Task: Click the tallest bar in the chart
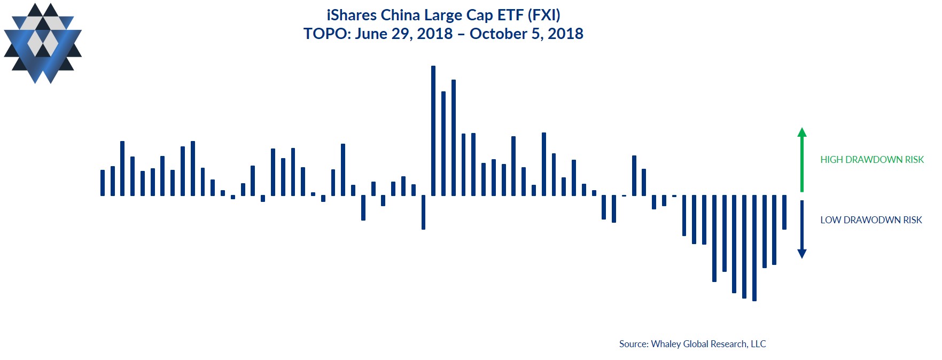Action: (433, 130)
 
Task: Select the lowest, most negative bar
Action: (754, 248)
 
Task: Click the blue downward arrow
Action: (801, 229)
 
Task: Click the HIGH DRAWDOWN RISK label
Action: (871, 160)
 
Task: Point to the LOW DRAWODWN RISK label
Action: (871, 220)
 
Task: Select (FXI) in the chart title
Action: (544, 15)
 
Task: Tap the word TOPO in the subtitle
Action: (325, 34)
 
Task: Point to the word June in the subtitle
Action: (371, 34)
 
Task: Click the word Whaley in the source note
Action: (666, 344)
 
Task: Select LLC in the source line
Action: (758, 344)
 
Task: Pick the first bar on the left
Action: (103, 183)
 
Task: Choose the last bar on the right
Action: (784, 212)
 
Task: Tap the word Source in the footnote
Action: (633, 344)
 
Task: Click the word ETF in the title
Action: (510, 15)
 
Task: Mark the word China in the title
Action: (400, 15)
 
